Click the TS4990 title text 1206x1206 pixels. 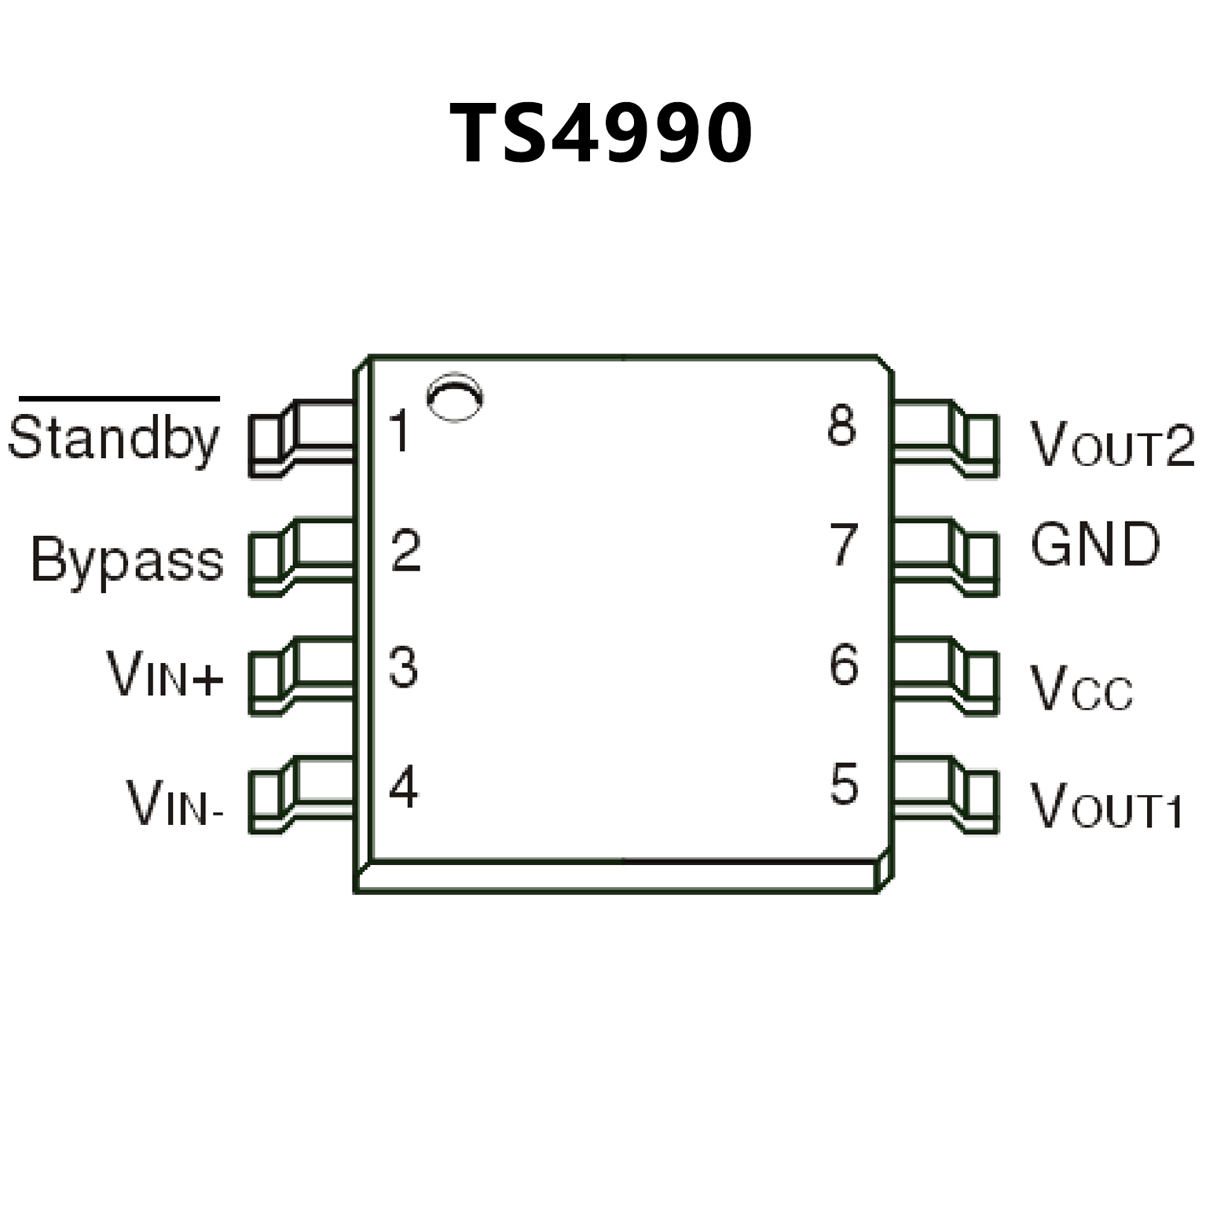click(x=601, y=134)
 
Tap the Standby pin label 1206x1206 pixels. click(x=113, y=441)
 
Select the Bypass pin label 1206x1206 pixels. click(x=127, y=560)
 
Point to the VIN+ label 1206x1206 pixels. click(x=166, y=675)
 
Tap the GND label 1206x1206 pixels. click(x=1095, y=544)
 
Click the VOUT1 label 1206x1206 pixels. click(x=1106, y=807)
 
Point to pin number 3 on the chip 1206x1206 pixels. click(x=404, y=669)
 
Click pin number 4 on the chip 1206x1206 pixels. click(x=404, y=788)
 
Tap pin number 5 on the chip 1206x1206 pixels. click(x=845, y=784)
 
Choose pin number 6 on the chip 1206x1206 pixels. click(x=845, y=665)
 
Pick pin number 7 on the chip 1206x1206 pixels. click(x=845, y=545)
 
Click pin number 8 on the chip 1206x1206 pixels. click(x=842, y=427)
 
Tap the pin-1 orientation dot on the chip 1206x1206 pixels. click(x=454, y=397)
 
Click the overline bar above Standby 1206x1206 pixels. click(x=119, y=399)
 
